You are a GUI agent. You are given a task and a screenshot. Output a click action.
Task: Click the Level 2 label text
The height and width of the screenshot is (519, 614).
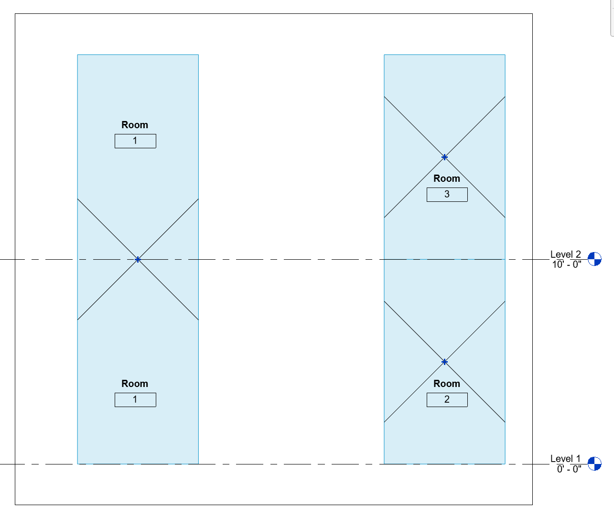[x=565, y=254]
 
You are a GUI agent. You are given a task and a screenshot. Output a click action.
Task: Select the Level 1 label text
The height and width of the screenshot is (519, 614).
[x=565, y=459]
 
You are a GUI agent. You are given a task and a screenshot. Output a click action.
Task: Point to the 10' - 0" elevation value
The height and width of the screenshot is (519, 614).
[x=567, y=265]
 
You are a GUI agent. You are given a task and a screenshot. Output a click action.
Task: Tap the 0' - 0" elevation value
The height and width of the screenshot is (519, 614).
[x=569, y=469]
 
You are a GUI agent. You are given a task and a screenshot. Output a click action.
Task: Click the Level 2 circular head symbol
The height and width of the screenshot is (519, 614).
[x=594, y=259]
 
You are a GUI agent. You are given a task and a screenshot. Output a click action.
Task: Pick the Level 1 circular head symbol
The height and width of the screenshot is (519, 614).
[x=594, y=464]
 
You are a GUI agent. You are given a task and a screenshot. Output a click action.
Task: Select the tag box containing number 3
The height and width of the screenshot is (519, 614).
[x=447, y=195]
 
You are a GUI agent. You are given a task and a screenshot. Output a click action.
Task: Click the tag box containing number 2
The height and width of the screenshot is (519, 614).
[x=447, y=400]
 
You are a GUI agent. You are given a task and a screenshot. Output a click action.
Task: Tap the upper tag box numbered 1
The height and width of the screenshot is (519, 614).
[x=135, y=141]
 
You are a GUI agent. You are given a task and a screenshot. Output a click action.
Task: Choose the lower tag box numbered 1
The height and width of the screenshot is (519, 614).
[x=135, y=400]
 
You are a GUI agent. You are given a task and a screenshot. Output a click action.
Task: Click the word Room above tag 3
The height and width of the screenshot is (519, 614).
[x=447, y=178]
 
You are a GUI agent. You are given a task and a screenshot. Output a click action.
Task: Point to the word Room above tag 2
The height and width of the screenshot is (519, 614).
[x=447, y=384]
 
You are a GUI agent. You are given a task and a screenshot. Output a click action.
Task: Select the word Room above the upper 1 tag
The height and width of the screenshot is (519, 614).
[x=135, y=125]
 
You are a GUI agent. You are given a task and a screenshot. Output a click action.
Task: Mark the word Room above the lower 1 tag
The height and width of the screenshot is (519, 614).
[x=135, y=384]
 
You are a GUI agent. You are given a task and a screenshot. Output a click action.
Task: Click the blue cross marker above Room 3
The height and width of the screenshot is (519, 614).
[x=444, y=157]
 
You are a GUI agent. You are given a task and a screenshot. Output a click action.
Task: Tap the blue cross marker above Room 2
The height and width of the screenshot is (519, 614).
[x=444, y=362]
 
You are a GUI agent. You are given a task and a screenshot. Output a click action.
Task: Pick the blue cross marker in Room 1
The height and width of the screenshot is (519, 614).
[x=138, y=259]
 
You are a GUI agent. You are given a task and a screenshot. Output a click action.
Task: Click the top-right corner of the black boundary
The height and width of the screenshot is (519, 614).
[x=532, y=14]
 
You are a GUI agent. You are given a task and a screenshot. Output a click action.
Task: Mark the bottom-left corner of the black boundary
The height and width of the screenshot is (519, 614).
[x=15, y=505]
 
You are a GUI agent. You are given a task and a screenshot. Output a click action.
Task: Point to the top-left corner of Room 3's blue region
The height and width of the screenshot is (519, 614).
[x=384, y=55]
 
